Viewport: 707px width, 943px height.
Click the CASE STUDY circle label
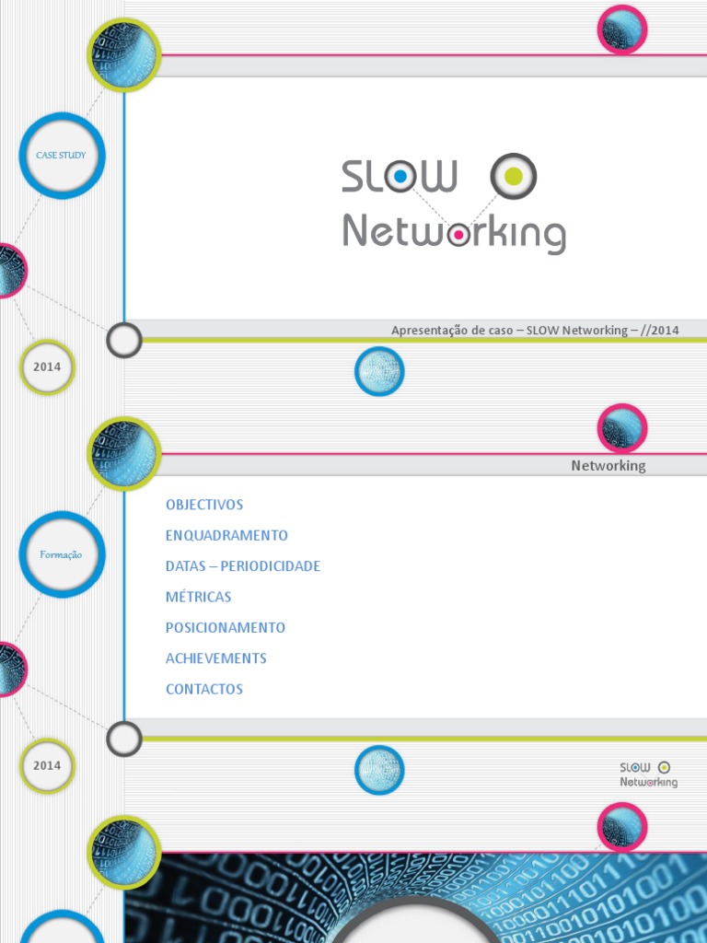tap(61, 156)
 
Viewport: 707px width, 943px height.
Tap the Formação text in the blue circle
tap(62, 554)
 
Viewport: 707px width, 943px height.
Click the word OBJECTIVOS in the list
tap(204, 505)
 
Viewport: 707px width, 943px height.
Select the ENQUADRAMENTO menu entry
tap(226, 535)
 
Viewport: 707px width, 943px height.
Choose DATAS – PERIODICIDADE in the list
tap(243, 566)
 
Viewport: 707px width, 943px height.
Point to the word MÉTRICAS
tap(199, 597)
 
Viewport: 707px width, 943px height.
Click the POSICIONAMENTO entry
tap(226, 627)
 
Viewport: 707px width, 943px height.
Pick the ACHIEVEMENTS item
tap(216, 658)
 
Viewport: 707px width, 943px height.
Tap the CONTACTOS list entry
tap(204, 689)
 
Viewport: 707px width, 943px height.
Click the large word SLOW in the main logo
tap(399, 176)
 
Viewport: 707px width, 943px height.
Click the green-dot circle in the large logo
tap(514, 176)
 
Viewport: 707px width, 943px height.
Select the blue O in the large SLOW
tap(400, 176)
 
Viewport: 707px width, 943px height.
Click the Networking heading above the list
tap(608, 465)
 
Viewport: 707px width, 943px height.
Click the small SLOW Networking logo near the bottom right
tap(649, 774)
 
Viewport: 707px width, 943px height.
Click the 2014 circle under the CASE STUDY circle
tap(47, 367)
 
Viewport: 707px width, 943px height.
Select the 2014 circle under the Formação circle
tap(47, 765)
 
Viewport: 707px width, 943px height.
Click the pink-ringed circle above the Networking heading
tap(622, 428)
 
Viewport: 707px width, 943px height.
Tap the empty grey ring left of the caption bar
tap(124, 341)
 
